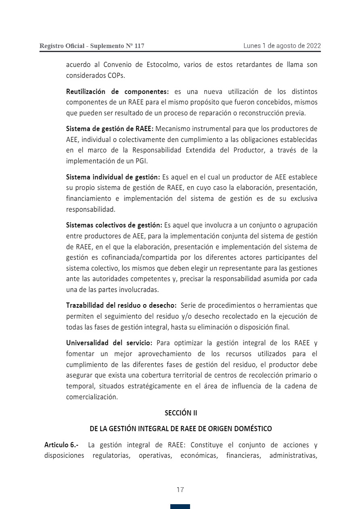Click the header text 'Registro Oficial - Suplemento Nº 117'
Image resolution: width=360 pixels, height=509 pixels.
[92, 46]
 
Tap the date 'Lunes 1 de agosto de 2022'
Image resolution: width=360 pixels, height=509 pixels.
[282, 46]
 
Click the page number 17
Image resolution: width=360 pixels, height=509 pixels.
[180, 490]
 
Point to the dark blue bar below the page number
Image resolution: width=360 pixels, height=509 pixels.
[180, 507]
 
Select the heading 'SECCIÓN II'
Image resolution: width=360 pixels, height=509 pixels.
[181, 413]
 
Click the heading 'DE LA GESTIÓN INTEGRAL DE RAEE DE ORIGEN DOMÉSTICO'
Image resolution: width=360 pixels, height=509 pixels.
[181, 428]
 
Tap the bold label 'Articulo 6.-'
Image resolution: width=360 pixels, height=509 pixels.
[62, 445]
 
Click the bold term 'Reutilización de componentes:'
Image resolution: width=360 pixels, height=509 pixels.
[117, 92]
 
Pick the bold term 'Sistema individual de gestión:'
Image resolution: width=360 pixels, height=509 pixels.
[113, 177]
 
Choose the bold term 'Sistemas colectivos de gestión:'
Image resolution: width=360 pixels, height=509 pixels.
[114, 225]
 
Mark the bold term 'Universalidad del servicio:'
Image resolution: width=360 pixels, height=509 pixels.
[109, 343]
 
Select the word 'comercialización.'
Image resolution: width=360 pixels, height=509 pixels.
[92, 396]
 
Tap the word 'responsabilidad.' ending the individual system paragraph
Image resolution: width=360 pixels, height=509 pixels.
[91, 209]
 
